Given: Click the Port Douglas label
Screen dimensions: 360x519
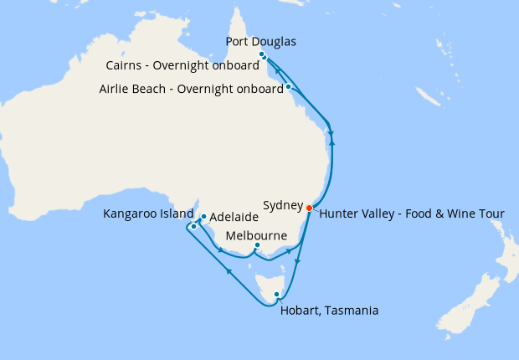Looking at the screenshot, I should pyautogui.click(x=261, y=42).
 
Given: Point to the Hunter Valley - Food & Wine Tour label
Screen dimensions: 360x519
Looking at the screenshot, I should pyautogui.click(x=412, y=213).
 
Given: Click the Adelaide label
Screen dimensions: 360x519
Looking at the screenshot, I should pyautogui.click(x=234, y=216).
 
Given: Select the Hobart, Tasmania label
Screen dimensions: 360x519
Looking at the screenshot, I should pyautogui.click(x=328, y=311).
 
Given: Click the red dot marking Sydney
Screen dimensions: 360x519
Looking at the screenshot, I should pyautogui.click(x=310, y=208).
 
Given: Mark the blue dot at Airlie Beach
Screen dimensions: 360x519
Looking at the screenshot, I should pyautogui.click(x=288, y=86).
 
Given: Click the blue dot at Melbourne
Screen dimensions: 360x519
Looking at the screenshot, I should pyautogui.click(x=257, y=245).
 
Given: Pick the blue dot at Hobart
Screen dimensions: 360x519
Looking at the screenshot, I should pyautogui.click(x=277, y=294).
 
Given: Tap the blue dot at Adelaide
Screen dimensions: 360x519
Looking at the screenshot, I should pyautogui.click(x=203, y=216).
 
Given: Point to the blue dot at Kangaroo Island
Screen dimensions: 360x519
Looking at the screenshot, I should pyautogui.click(x=193, y=226).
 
